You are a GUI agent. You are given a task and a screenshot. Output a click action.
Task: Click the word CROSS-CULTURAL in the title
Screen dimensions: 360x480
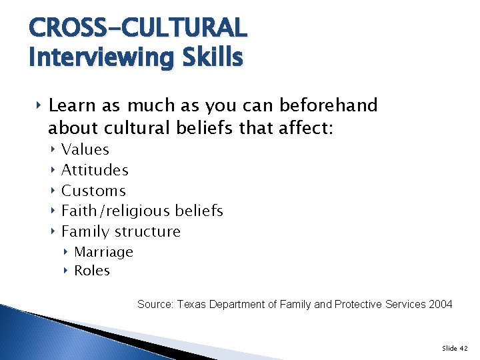[138, 28]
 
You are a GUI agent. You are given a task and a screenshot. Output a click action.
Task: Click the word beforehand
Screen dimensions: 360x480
[328, 105]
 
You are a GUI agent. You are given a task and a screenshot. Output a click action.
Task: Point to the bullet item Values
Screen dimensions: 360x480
[85, 150]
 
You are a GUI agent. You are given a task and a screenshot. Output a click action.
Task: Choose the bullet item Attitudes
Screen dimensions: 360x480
[95, 170]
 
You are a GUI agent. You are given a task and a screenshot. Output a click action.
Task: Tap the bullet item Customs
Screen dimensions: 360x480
[93, 191]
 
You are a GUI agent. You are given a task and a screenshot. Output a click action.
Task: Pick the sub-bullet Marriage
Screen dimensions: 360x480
[103, 252]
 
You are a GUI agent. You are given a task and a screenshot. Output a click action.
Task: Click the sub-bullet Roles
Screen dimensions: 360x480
[92, 271]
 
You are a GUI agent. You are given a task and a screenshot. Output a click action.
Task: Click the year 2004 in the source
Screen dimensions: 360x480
[441, 304]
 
